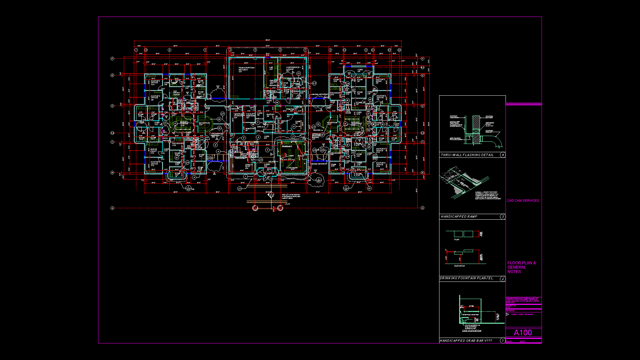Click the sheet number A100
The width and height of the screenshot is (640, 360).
[x=523, y=333]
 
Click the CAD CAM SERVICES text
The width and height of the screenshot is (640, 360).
[x=523, y=201]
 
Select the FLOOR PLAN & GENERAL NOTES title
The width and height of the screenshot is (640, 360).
[x=521, y=267]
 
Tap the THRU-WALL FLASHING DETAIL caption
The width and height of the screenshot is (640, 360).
[x=467, y=155]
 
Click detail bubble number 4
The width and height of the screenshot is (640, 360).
[x=503, y=155]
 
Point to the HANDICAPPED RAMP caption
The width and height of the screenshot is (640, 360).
[x=459, y=217]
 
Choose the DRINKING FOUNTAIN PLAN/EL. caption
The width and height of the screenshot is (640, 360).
[x=466, y=278]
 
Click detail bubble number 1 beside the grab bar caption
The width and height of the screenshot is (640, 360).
[x=503, y=341]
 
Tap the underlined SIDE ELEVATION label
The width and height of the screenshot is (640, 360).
[x=471, y=331]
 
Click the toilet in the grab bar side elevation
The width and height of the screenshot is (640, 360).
[x=465, y=320]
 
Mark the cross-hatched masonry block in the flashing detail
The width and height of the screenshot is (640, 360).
[x=476, y=130]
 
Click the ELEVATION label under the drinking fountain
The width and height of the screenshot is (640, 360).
[x=459, y=266]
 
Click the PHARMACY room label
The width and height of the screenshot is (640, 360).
[x=287, y=146]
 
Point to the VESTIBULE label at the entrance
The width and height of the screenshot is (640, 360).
[x=269, y=174]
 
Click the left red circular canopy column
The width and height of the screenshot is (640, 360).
[x=255, y=208]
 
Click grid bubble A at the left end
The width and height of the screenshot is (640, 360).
[x=112, y=208]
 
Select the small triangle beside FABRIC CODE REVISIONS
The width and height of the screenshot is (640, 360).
[x=508, y=314]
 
